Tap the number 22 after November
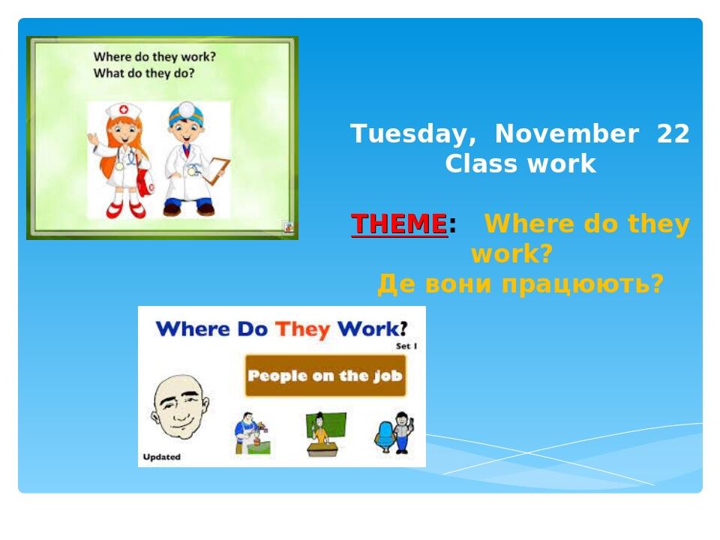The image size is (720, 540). [x=673, y=133]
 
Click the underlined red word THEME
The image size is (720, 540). [x=399, y=224]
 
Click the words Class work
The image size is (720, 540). [x=520, y=163]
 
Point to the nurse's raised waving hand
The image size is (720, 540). [x=93, y=139]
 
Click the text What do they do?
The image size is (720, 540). [x=144, y=73]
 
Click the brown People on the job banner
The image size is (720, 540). [x=325, y=376]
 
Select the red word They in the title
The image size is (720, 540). [x=302, y=328]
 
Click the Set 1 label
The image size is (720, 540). [x=406, y=346]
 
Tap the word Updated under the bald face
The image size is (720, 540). [x=161, y=457]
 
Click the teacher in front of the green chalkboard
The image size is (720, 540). [x=321, y=433]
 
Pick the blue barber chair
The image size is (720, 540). [x=385, y=436]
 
